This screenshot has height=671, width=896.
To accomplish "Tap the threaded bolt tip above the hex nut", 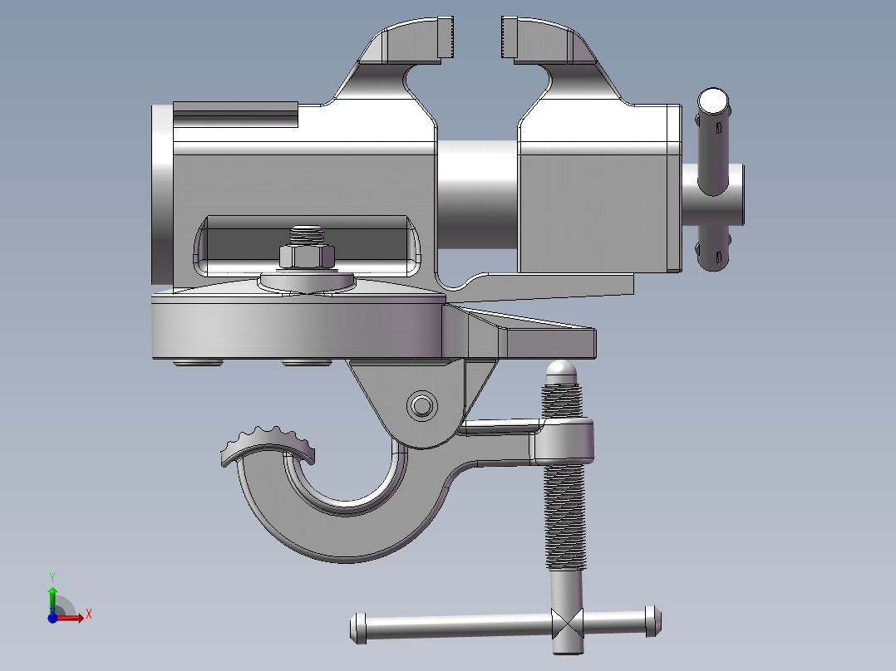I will pyautogui.click(x=307, y=233).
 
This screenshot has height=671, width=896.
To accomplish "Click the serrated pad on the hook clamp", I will pyautogui.click(x=268, y=444).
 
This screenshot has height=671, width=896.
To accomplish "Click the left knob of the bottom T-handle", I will pyautogui.click(x=359, y=627).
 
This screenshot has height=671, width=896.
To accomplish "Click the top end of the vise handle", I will pyautogui.click(x=713, y=103).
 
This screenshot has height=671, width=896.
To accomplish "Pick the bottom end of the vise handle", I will pyautogui.click(x=714, y=259).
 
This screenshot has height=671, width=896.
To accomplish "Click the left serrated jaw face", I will pyautogui.click(x=446, y=39).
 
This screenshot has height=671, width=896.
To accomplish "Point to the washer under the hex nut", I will pyautogui.click(x=307, y=281).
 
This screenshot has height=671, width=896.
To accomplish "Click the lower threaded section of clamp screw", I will pyautogui.click(x=567, y=515).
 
